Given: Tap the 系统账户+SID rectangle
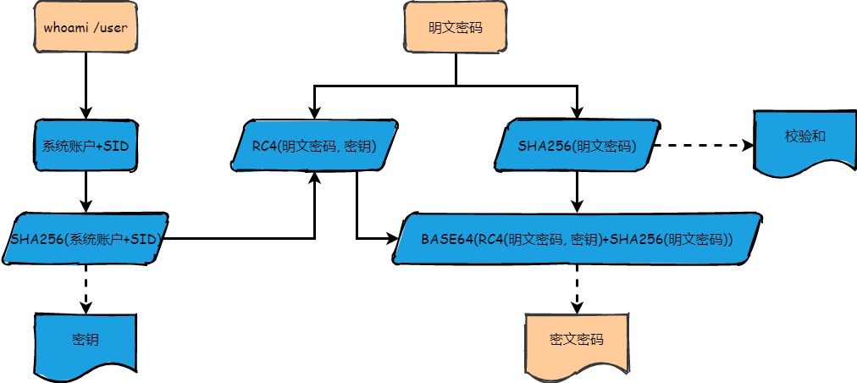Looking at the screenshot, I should [85, 146].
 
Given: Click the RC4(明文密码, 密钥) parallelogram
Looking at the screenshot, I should [314, 146].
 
